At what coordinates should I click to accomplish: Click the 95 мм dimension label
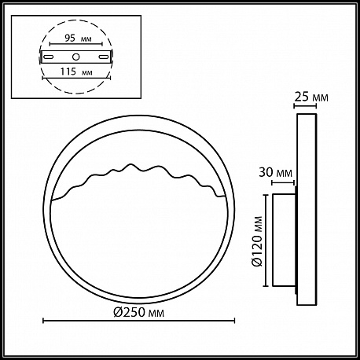click(78, 39)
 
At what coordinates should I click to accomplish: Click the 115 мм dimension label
click(76, 72)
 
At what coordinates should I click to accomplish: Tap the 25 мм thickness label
click(311, 97)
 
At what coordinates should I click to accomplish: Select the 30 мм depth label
click(275, 173)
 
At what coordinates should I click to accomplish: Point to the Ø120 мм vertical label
click(257, 241)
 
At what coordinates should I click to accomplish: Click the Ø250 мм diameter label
click(139, 312)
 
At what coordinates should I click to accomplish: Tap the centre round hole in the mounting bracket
click(76, 57)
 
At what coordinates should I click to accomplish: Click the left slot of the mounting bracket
click(49, 57)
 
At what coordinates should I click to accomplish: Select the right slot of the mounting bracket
click(104, 57)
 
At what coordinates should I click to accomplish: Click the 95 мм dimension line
click(76, 44)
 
